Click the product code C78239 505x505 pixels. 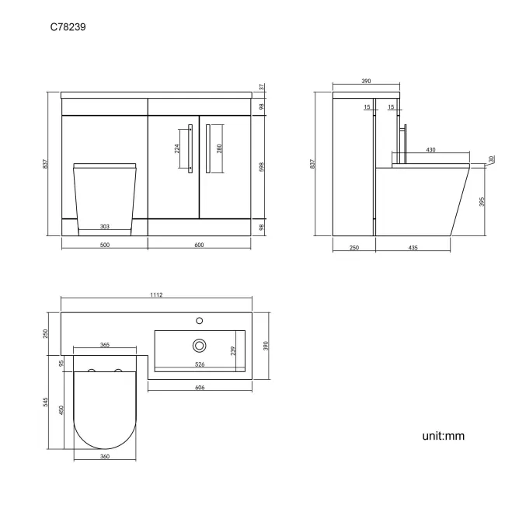click(x=68, y=26)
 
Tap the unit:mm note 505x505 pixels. click(x=443, y=436)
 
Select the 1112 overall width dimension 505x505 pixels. click(x=158, y=294)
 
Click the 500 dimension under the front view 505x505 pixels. click(x=104, y=246)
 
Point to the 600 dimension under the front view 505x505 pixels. click(x=199, y=246)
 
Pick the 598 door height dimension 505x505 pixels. click(x=262, y=167)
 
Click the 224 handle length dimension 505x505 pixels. click(x=178, y=149)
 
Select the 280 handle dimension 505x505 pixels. click(x=220, y=148)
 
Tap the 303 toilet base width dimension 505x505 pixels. click(x=104, y=227)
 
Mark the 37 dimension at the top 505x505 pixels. click(x=262, y=87)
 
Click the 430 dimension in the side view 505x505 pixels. click(x=430, y=150)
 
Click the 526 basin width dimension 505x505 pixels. click(x=199, y=364)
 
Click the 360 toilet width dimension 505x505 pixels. click(x=105, y=456)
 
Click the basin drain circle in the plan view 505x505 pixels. click(x=200, y=345)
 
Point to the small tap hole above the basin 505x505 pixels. click(x=200, y=319)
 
